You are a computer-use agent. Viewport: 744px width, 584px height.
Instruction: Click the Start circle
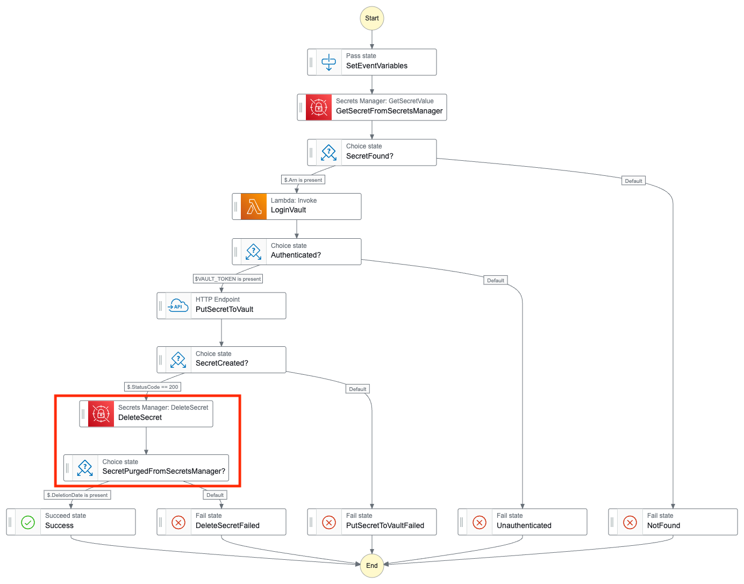372,18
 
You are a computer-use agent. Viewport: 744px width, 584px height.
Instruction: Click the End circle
372,566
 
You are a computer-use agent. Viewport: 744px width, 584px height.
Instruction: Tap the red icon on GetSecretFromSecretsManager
319,108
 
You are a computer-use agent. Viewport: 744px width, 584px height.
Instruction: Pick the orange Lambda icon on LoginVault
254,206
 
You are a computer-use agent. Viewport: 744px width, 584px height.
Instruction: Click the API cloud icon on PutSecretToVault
178,306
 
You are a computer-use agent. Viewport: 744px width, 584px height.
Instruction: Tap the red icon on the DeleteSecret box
101,414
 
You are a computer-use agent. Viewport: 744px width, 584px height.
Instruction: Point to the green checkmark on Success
28,522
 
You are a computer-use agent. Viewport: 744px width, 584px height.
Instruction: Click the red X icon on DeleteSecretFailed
178,522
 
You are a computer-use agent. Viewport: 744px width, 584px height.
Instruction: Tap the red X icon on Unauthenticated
480,522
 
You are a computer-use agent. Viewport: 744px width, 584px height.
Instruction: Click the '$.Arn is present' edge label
303,180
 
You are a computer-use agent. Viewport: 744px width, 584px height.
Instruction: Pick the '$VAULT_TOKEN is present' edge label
228,279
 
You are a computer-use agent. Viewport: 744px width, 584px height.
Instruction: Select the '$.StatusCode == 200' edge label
153,387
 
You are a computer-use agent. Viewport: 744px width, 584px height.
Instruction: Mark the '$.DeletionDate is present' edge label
77,495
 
